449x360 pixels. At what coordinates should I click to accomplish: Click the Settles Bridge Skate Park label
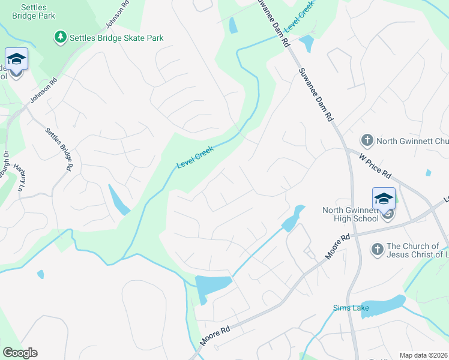point(116,38)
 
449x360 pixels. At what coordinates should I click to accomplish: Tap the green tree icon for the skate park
point(61,37)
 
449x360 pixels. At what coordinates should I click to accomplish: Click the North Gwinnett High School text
point(351,214)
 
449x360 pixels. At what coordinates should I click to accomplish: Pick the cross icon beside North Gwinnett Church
point(367,141)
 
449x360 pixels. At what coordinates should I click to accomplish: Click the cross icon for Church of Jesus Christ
point(377,249)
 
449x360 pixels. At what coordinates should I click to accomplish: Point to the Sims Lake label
point(351,308)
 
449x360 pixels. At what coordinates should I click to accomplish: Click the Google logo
point(20,353)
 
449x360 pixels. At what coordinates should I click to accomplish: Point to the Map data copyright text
point(424,355)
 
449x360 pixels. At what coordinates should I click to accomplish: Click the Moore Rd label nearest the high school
point(337,247)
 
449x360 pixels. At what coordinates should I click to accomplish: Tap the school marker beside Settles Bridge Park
point(16,61)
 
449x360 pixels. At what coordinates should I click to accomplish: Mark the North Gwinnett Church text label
point(412,142)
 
